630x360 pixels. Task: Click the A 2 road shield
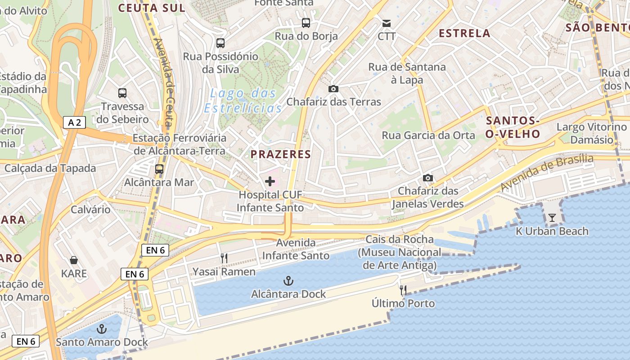[x=74, y=122]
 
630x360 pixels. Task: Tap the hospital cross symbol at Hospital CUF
[x=270, y=181]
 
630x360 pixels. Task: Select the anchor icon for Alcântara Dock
[x=288, y=281]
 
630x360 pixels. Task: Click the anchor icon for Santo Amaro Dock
[x=102, y=329]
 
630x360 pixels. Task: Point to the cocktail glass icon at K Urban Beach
[x=552, y=218]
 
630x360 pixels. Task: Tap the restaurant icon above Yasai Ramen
[x=224, y=258]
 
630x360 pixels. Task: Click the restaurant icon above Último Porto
[x=403, y=290]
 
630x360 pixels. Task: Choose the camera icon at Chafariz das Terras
[x=333, y=89]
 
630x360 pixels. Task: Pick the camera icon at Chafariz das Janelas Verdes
[x=428, y=178]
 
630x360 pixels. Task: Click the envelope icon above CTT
[x=387, y=23]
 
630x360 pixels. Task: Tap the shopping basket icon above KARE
[x=74, y=260]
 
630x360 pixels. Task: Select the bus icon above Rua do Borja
[x=306, y=22]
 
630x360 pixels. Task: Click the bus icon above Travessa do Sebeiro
[x=122, y=93]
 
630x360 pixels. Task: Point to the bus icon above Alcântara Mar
[x=159, y=169]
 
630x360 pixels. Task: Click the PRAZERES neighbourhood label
[x=281, y=154]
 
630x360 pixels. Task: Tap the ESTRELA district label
[x=464, y=33]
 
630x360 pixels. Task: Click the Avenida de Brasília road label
[x=547, y=172]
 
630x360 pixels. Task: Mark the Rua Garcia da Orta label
[x=428, y=135]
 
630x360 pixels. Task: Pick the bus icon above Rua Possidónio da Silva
[x=220, y=43]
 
